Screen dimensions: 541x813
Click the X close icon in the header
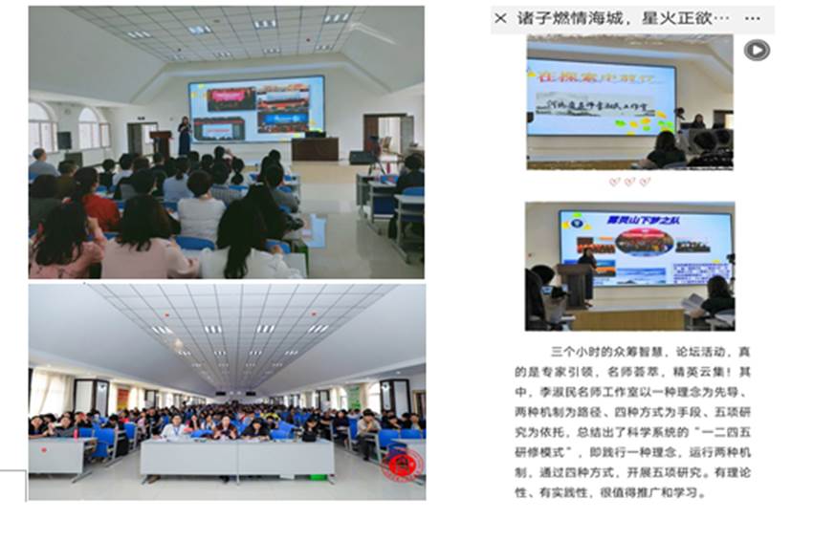pos(500,18)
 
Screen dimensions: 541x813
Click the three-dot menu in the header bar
pos(753,18)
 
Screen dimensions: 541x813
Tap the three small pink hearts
pos(629,181)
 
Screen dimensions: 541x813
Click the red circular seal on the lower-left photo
pos(402,465)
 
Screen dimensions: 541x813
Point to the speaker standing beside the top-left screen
pos(184,135)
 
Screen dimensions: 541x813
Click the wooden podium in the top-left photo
pos(162,143)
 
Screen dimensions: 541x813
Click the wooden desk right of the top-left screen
pos(315,148)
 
